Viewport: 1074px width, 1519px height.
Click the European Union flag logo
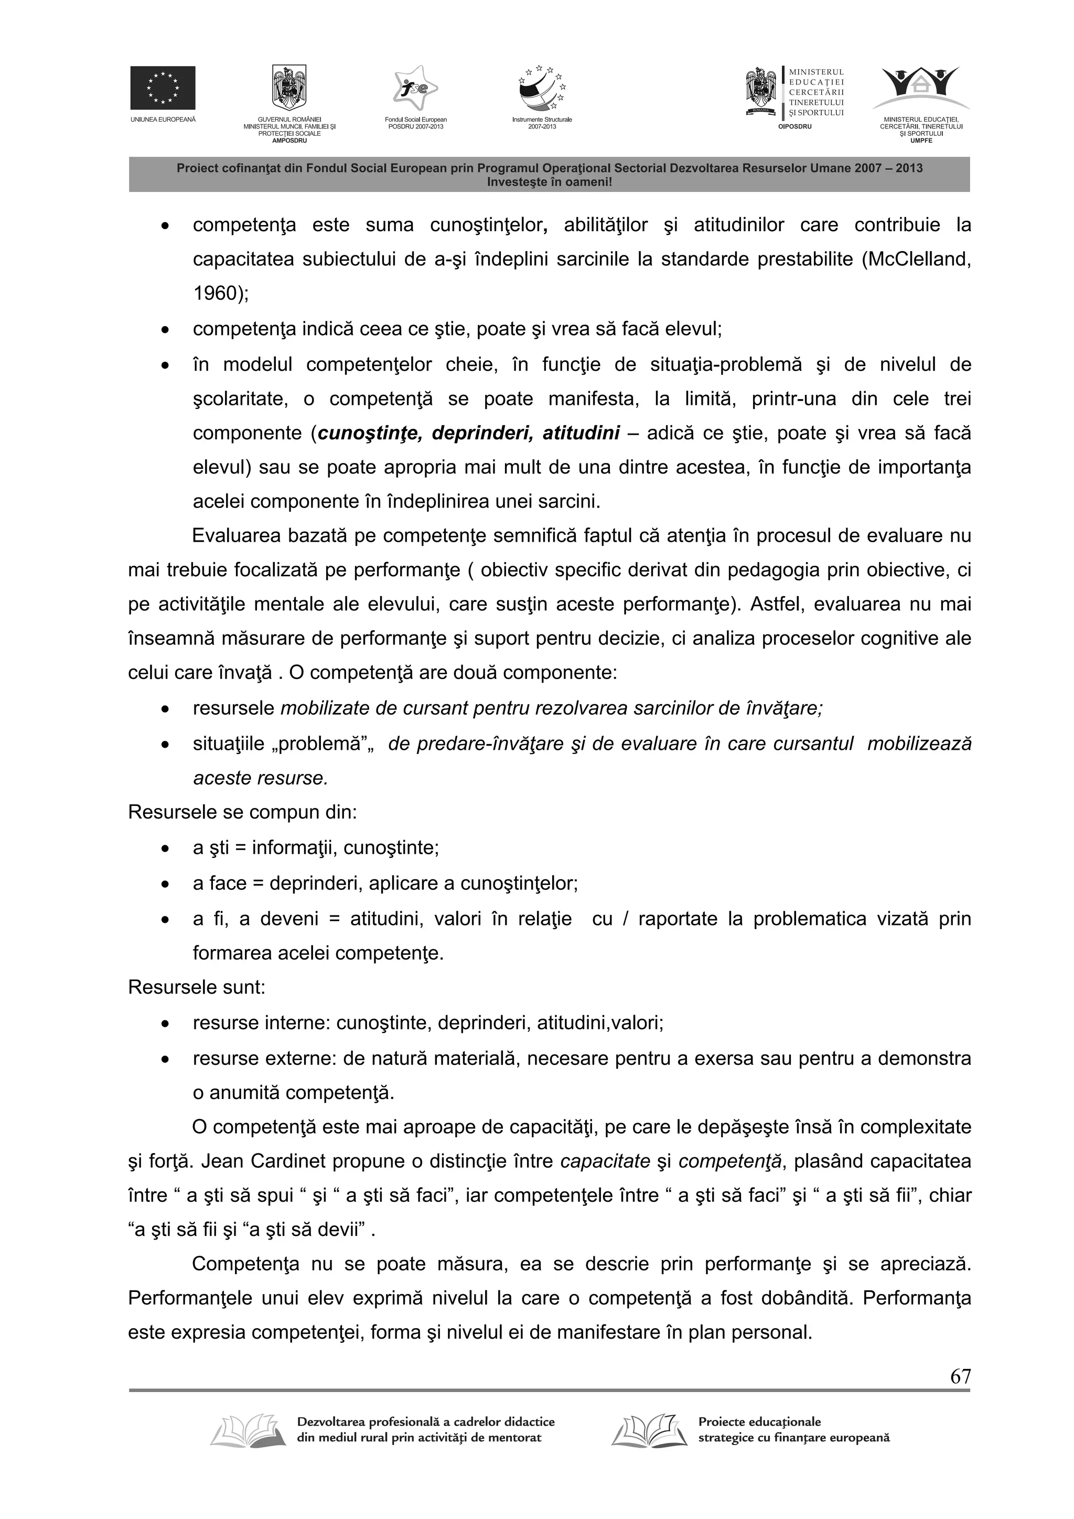coord(163,88)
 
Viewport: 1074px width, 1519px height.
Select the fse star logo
coord(415,89)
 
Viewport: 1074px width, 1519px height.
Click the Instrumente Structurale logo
coord(542,89)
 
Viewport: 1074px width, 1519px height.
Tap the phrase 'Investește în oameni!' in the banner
coord(549,181)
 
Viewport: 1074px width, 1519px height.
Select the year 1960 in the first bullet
coord(215,294)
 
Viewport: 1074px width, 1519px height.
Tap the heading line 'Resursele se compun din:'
coord(242,812)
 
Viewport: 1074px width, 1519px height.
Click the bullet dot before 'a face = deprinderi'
coord(165,885)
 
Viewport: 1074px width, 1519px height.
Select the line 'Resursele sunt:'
coord(197,988)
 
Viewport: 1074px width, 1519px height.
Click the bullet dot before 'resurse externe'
coord(165,1060)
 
